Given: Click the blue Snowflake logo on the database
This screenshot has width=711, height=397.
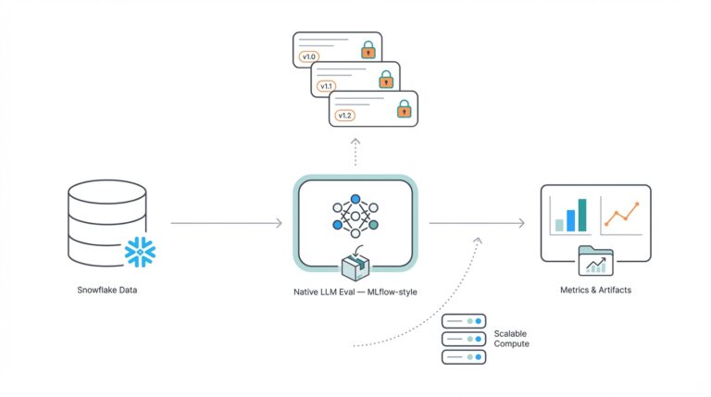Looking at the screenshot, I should coord(142,251).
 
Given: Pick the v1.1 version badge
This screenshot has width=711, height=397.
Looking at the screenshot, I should coord(327,86).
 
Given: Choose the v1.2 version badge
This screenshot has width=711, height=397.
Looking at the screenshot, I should coord(344,116).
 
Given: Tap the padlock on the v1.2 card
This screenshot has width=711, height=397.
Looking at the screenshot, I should coord(403,109).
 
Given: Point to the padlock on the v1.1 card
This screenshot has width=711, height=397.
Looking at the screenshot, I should coord(385,80).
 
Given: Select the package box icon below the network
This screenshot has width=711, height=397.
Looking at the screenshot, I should coord(355,266).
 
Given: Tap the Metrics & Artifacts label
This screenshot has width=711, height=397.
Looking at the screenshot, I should coord(595,291).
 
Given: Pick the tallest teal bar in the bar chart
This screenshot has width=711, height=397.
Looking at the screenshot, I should coord(582,215).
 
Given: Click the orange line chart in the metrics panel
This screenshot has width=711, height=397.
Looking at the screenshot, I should coord(622,213).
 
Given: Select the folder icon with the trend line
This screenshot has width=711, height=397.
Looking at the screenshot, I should coord(595,262).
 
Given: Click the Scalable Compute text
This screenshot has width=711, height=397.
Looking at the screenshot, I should coord(511,338).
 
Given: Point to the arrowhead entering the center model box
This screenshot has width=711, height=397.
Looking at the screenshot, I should coord(278,223).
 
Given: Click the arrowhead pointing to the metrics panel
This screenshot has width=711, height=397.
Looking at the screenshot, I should coord(521,223).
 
